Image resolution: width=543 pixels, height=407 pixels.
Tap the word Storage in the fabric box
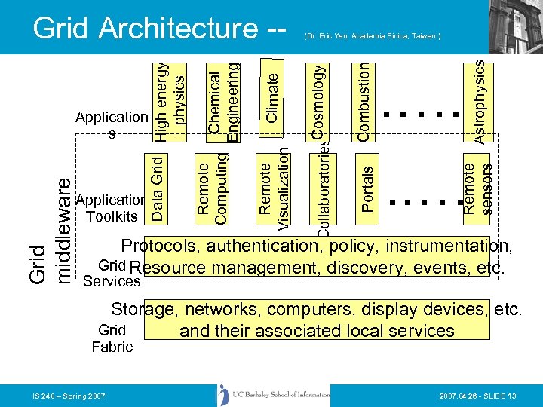tap(143, 309)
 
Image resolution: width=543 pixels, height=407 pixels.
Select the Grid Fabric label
tap(112, 338)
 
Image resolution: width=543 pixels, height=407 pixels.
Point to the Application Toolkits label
tap(112, 209)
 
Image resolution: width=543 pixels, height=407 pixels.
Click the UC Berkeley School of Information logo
tap(275, 395)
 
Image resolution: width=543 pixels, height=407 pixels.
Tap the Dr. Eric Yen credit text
tap(372, 35)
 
